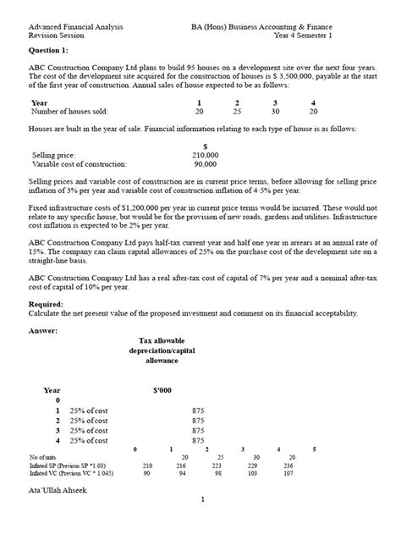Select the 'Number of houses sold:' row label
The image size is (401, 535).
pos(80,111)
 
